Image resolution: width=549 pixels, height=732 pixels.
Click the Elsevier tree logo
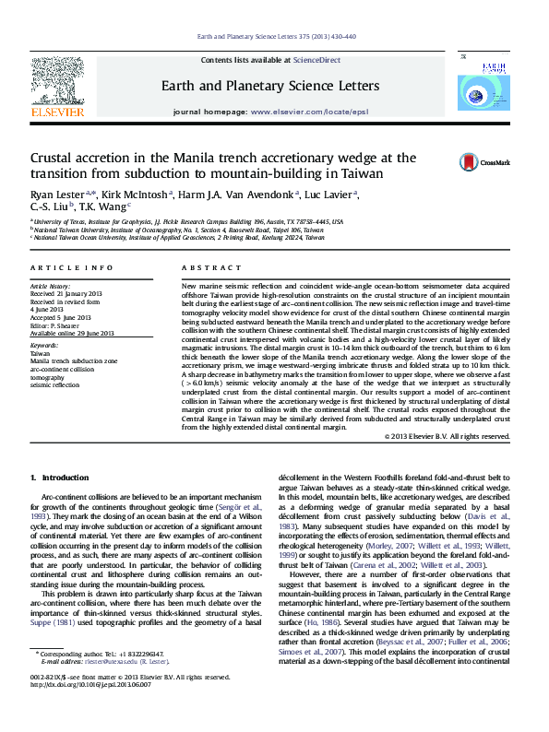62,87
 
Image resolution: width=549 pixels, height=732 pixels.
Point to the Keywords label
44,345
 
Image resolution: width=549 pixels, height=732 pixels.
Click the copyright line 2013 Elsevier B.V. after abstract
451,435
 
